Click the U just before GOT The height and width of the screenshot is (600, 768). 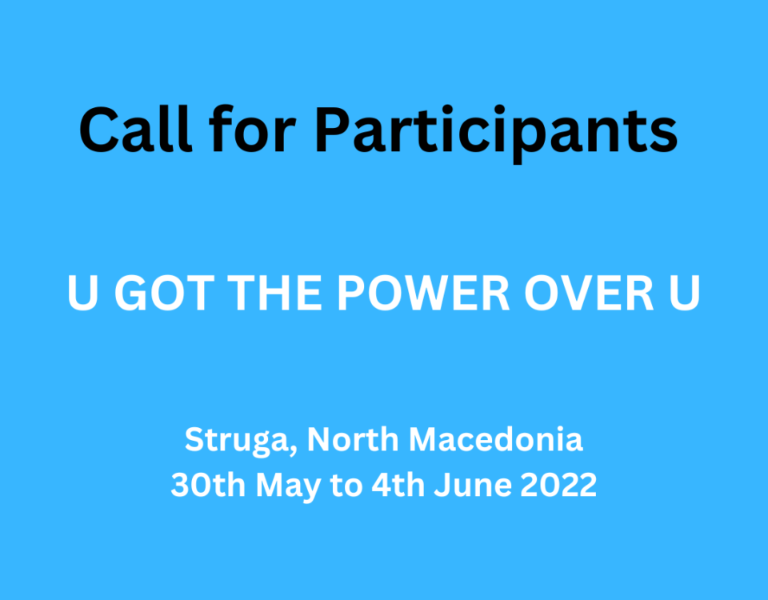pyautogui.click(x=82, y=294)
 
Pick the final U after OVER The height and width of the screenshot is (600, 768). pyautogui.click(x=685, y=294)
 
